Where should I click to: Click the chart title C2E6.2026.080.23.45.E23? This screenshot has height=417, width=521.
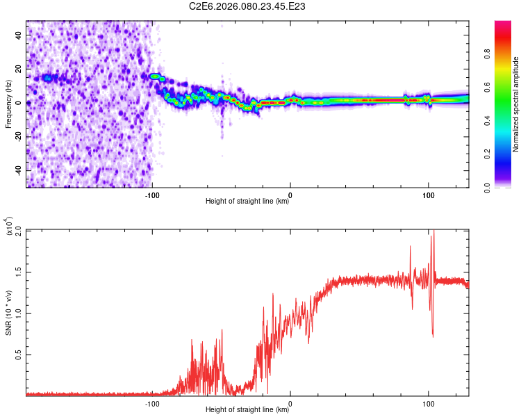(248, 6)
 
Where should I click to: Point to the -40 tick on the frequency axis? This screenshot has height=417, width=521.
(19, 170)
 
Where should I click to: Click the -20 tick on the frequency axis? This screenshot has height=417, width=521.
(19, 136)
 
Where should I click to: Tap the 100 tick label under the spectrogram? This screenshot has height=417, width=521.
(429, 194)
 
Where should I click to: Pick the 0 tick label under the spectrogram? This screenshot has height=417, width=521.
(290, 194)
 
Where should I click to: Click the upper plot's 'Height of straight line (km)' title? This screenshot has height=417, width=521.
(247, 202)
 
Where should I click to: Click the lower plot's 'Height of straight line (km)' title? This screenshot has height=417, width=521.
(247, 410)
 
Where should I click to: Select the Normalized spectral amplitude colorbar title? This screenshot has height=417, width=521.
(516, 104)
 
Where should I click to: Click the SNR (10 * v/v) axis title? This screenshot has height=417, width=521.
(9, 313)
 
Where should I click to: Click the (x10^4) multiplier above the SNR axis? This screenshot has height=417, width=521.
(10, 227)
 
